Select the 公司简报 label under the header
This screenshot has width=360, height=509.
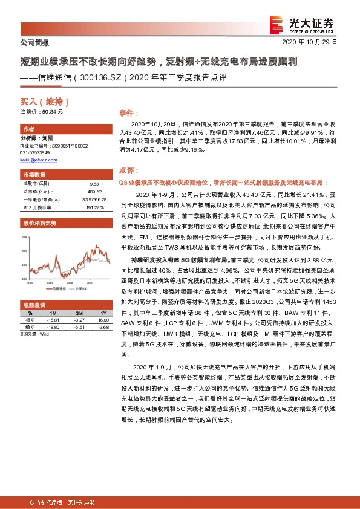pos(30,43)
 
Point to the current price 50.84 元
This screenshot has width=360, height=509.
pos(42,112)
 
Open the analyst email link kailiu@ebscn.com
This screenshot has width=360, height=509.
pos(39,160)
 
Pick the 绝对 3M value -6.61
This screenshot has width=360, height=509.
pos(79,326)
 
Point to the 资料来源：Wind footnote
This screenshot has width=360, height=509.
pos(33,333)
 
